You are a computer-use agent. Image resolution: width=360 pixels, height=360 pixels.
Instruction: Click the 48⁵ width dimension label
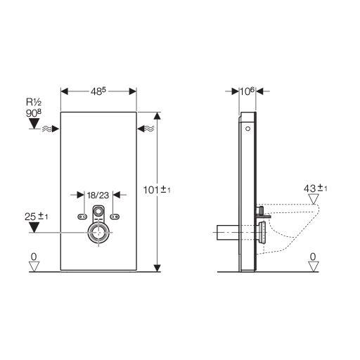[98, 91]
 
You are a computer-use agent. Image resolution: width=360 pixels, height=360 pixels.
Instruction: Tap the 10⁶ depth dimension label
[247, 91]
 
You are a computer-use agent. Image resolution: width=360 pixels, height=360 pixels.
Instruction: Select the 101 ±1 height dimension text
[157, 190]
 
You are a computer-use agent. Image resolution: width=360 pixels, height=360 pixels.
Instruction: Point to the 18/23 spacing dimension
[98, 195]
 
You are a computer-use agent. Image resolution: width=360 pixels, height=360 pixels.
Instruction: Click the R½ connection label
[34, 102]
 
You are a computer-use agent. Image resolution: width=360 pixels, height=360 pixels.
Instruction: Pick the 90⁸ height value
[34, 113]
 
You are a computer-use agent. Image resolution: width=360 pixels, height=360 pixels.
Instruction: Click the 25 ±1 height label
[36, 217]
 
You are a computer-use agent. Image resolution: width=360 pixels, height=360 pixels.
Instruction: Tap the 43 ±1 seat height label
[315, 188]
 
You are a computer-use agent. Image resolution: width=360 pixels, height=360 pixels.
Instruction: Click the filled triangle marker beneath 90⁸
[34, 123]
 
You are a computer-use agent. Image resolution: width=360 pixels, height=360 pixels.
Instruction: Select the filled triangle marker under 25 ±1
[34, 227]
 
